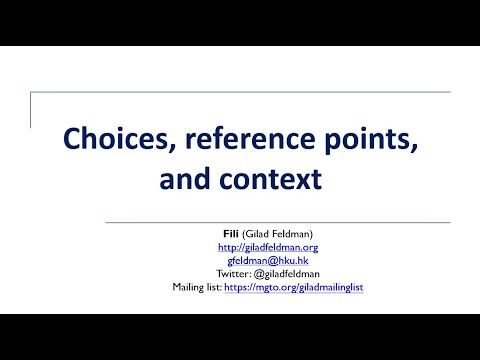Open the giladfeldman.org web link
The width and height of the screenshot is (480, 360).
pyautogui.click(x=267, y=247)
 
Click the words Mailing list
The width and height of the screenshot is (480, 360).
pyautogui.click(x=196, y=287)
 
